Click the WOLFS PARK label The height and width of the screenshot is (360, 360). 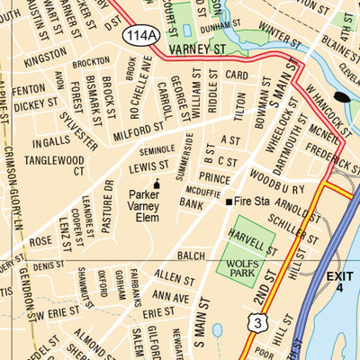coord(246,265)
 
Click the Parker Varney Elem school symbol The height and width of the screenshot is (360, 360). coord(157,184)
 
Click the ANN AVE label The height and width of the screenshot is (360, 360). coord(170,294)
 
